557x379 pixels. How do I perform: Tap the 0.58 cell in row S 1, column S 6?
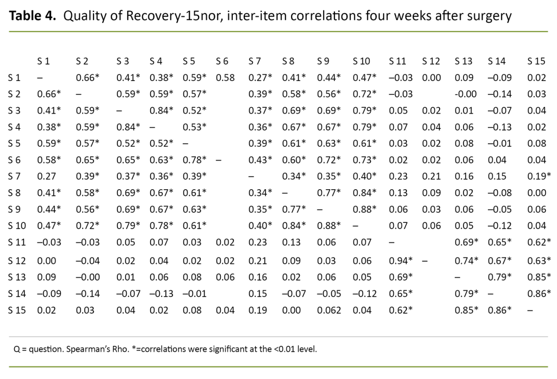(225, 78)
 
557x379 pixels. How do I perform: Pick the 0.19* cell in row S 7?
(539, 176)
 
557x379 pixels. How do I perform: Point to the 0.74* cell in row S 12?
(467, 261)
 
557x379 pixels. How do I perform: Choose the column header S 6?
(222, 60)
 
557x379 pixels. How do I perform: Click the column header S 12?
(431, 60)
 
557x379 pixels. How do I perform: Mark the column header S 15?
(536, 60)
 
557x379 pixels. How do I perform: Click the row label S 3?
(16, 110)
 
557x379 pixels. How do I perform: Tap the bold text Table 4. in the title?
(33, 16)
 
